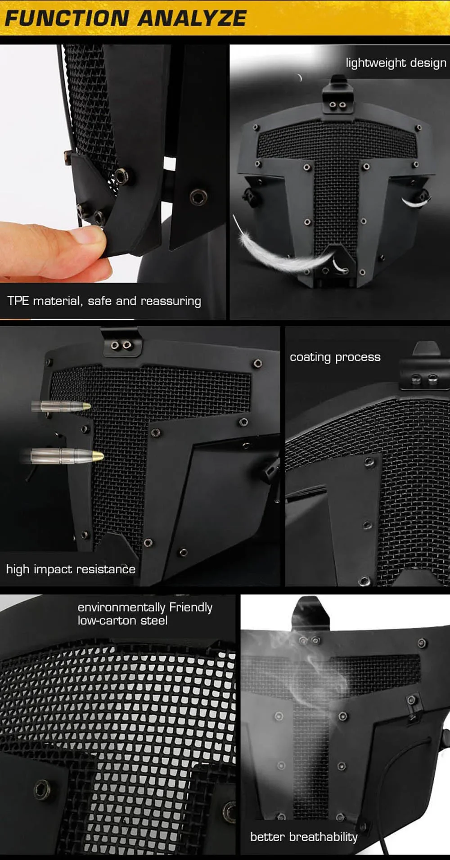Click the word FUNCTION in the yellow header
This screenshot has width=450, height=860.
click(x=67, y=18)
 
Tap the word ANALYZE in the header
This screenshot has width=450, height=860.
click(x=192, y=18)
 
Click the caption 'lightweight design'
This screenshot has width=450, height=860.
click(x=396, y=63)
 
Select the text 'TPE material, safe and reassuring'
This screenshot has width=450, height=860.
click(x=104, y=301)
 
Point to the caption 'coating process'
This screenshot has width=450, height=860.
click(x=335, y=357)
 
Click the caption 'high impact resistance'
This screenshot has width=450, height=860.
click(x=71, y=569)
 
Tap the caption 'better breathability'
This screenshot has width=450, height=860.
click(x=304, y=837)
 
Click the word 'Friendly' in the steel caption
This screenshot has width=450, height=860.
click(x=191, y=607)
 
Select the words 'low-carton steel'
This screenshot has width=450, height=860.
click(x=122, y=621)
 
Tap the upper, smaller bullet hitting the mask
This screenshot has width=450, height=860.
click(x=61, y=406)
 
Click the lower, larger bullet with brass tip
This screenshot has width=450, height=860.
click(x=63, y=456)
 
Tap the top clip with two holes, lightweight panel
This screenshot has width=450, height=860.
click(x=337, y=99)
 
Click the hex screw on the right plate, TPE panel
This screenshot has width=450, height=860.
click(x=198, y=197)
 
